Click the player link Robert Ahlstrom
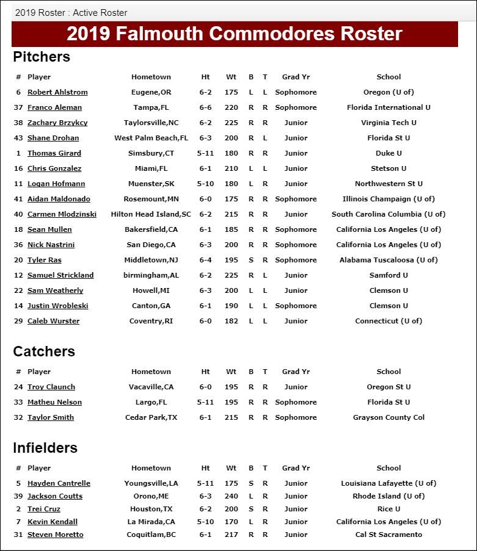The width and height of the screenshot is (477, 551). point(57,92)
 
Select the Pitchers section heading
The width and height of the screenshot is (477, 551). point(42,57)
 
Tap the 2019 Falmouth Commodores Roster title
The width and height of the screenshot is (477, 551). point(235,34)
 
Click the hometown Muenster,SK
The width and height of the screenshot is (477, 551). point(151,184)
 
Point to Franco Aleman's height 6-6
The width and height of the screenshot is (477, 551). point(205,107)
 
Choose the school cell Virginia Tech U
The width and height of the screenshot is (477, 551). point(388,123)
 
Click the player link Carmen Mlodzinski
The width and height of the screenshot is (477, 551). point(62,214)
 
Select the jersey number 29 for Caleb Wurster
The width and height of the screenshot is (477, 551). point(18,321)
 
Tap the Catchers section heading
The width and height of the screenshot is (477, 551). point(44,351)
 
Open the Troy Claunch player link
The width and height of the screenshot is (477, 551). point(51,387)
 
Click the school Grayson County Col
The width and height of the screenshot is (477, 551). point(388,417)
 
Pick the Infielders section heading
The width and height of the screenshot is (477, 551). point(45,448)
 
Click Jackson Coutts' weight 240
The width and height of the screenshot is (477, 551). point(231,496)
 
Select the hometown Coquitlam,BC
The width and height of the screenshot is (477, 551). point(151,535)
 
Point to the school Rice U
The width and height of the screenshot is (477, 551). point(388,509)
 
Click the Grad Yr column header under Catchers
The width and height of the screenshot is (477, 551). point(296,372)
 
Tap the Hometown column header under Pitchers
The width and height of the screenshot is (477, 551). point(151,77)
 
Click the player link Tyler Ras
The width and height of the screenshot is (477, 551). point(45,260)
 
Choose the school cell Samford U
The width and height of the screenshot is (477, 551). point(388,275)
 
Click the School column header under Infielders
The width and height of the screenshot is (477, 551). point(388,468)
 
